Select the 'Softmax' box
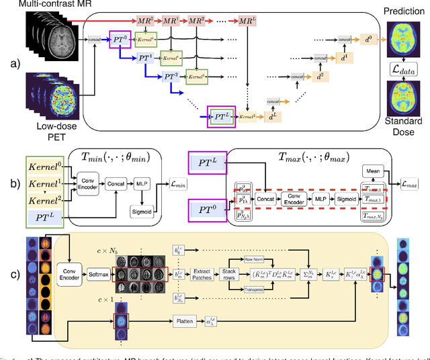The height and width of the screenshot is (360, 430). (x=98, y=275)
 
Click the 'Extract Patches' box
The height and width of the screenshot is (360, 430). (x=202, y=275)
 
